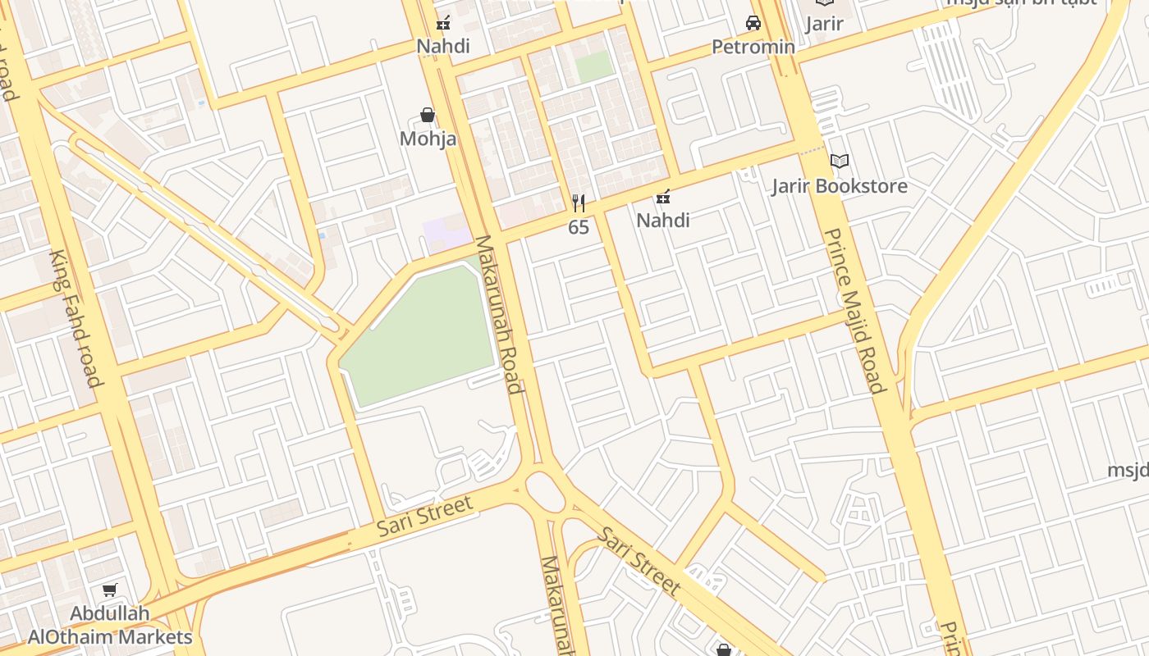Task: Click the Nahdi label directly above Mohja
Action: click(443, 46)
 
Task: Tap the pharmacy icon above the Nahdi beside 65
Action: click(663, 197)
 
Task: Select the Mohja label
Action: click(428, 139)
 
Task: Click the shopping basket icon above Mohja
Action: click(427, 115)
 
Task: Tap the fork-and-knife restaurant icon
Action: click(579, 203)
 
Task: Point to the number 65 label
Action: click(579, 227)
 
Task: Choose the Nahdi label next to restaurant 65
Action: click(663, 220)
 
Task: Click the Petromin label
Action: click(753, 47)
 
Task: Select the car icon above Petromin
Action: click(753, 23)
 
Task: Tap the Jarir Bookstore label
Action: click(840, 186)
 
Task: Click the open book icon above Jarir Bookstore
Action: click(839, 161)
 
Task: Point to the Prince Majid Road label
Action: click(854, 311)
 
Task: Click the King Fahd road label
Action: click(76, 318)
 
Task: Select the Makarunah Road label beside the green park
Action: click(499, 315)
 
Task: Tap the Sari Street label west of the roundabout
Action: click(425, 517)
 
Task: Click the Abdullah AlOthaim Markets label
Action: click(110, 625)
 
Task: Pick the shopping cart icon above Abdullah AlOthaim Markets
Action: click(109, 590)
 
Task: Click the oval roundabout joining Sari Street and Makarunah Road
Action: click(544, 492)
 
